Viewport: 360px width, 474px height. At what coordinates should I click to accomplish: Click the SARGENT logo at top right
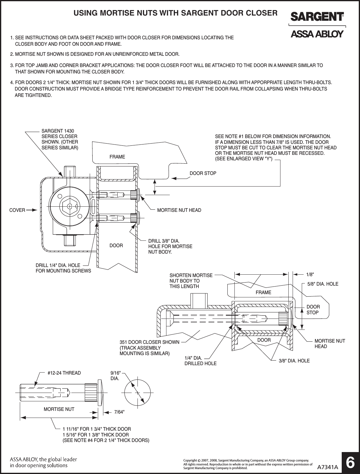pos(317,17)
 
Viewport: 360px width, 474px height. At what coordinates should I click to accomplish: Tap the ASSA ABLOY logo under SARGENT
pos(317,34)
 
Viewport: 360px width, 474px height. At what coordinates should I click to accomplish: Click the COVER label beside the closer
pos(17,210)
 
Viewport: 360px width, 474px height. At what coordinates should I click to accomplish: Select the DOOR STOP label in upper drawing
pos(203,173)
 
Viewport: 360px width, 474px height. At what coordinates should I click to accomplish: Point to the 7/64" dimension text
pos(119,412)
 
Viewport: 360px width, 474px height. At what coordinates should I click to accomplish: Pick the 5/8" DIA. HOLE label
pos(323,284)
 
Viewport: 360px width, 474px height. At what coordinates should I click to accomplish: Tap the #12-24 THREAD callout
pos(64,373)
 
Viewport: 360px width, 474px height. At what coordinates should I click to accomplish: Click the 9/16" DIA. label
pos(116,376)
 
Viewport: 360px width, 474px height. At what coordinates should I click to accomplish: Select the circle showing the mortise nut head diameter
pos(138,393)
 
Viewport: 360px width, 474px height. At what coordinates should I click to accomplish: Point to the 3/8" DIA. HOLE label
pos(294,361)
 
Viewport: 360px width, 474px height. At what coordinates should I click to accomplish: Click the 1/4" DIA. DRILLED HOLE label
pos(200,361)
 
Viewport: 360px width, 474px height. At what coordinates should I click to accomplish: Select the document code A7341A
pos(328,467)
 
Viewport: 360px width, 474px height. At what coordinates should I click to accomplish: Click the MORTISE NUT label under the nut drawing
pos(59,409)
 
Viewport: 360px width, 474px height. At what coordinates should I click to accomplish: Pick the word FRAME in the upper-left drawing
pos(117,157)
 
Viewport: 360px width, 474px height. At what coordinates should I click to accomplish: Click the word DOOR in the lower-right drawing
pos(264,340)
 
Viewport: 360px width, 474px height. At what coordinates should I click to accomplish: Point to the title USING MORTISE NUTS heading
pos(176,13)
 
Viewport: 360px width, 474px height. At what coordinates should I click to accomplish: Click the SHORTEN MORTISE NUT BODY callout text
pos(191,281)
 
